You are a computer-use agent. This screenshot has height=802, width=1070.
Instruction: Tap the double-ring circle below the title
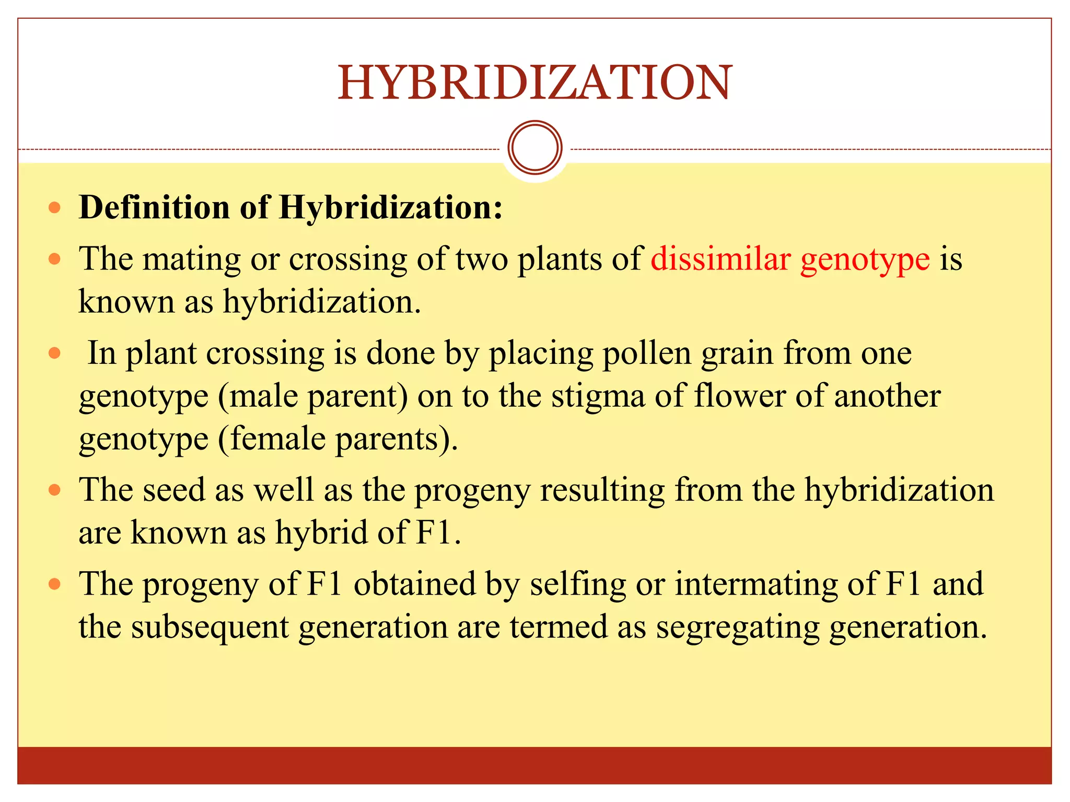(534, 148)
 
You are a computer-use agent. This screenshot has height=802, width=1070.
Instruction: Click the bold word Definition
(154, 207)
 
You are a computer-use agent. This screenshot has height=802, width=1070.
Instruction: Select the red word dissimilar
(720, 259)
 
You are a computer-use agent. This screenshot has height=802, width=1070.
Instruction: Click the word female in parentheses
(277, 439)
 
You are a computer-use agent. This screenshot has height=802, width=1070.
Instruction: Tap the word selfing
(578, 584)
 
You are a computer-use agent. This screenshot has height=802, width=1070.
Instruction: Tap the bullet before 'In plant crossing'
(54, 353)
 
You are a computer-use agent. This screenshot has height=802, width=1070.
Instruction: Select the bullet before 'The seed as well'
(54, 490)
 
